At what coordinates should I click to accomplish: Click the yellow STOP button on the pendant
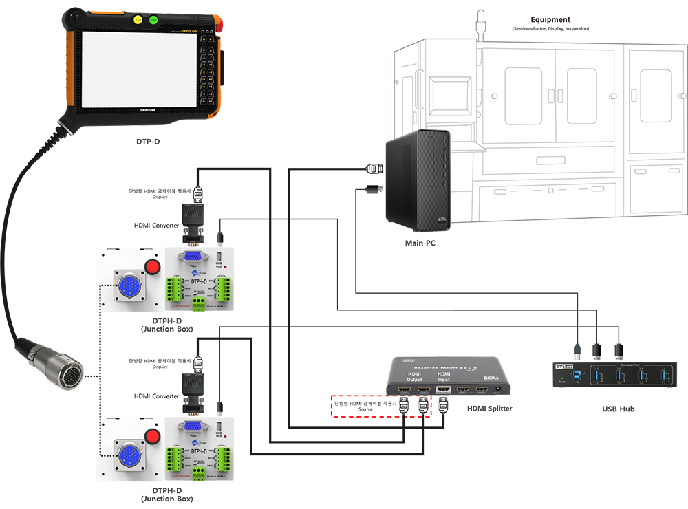(x=138, y=20)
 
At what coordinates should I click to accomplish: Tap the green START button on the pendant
(x=153, y=20)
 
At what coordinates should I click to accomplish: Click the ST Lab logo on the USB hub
(x=563, y=367)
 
